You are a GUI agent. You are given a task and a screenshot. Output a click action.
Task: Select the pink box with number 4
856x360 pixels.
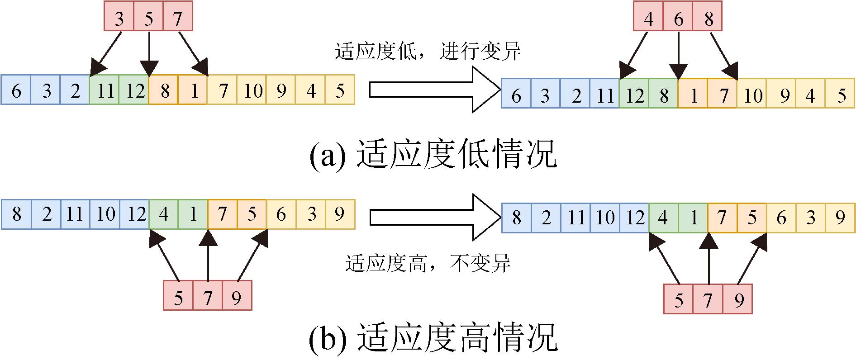point(648,19)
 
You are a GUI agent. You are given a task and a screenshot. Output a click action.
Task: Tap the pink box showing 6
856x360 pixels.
point(678,19)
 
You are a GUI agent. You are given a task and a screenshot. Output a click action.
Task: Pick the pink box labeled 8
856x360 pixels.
point(708,19)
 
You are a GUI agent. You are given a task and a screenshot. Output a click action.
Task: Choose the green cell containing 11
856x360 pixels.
point(105,91)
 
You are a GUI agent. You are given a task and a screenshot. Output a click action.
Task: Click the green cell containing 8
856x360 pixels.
point(663,95)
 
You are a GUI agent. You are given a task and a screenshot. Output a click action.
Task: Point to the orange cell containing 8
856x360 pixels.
point(164,91)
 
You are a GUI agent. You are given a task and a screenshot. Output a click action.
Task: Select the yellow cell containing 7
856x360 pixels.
point(222,91)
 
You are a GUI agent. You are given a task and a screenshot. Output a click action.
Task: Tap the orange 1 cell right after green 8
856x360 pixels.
point(693,95)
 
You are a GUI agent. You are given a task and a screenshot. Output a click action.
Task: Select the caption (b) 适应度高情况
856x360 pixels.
point(433,339)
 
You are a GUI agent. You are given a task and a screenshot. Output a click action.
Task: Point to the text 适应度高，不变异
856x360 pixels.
point(428,264)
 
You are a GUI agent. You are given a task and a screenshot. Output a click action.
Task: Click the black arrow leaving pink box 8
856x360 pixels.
point(723,56)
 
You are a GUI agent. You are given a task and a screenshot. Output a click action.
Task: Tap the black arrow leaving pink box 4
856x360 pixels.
point(634,56)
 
